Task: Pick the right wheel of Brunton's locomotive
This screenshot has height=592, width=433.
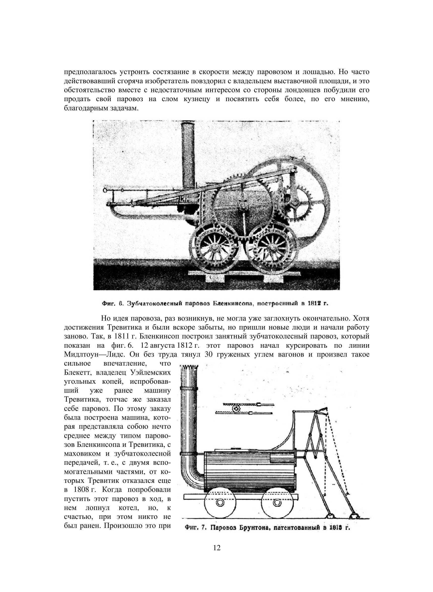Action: (x=277, y=502)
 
